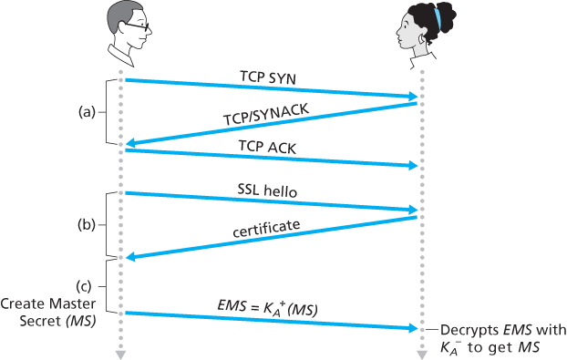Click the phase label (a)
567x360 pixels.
(x=87, y=113)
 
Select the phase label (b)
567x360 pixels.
(x=87, y=224)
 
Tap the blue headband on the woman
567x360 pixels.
(x=436, y=17)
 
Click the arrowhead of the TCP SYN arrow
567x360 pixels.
(x=415, y=96)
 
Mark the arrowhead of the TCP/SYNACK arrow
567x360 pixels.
(x=129, y=143)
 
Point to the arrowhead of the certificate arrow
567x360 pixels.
(x=129, y=257)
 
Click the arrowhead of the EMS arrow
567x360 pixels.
(x=415, y=328)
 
